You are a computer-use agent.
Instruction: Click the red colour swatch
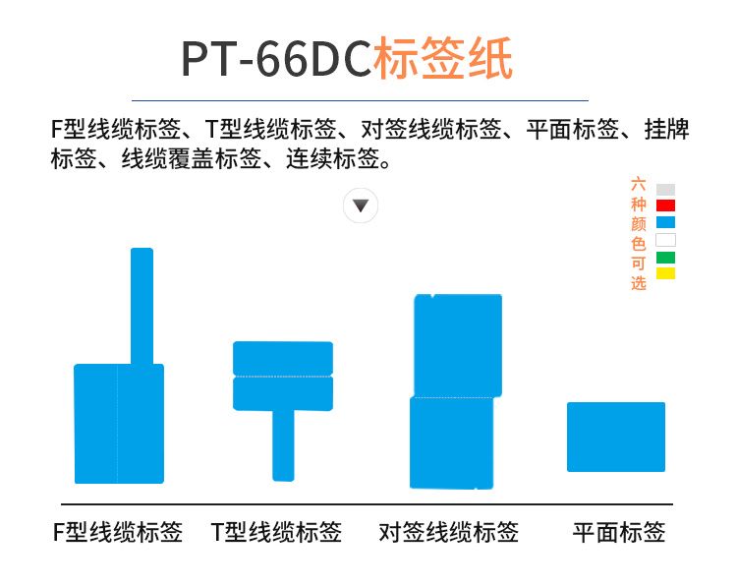[x=665, y=205]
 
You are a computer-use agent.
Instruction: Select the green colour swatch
[x=665, y=258]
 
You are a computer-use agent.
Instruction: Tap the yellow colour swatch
[x=665, y=273]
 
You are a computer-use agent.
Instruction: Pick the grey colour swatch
[x=665, y=190]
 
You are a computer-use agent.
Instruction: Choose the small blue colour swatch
[x=665, y=222]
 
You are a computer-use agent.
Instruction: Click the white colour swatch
[x=665, y=240]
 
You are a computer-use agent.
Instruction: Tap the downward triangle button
[x=361, y=205]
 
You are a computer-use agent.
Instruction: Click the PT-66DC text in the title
[x=276, y=59]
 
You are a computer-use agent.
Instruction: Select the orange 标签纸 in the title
[x=443, y=58]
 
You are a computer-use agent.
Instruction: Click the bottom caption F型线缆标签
[x=118, y=533]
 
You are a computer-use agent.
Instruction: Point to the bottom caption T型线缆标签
[x=276, y=533]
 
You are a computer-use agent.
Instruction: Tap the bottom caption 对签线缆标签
[x=449, y=533]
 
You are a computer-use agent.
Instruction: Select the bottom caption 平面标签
[x=618, y=533]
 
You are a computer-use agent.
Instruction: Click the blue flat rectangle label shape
[x=616, y=437]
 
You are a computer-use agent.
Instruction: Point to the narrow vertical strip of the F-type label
[x=142, y=306]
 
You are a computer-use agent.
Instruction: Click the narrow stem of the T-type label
[x=283, y=445]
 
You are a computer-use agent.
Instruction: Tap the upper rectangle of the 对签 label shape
[x=458, y=346]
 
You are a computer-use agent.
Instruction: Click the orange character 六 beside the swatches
[x=639, y=184]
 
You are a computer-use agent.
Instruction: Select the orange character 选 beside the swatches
[x=639, y=283]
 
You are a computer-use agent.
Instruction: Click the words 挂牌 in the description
[x=666, y=130]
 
